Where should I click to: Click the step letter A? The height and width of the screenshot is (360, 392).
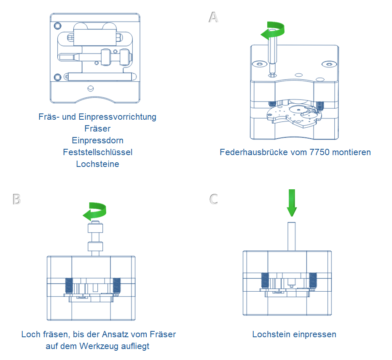point(214,17)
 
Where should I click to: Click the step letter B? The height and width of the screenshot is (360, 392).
point(17,199)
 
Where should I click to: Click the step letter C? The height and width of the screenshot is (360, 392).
point(214,199)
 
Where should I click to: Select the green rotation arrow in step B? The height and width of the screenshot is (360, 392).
point(95,212)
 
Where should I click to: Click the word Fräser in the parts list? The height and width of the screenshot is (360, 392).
point(97,129)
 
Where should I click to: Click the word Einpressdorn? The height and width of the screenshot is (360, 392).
point(97,140)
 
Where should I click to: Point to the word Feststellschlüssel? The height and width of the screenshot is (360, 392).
point(97,152)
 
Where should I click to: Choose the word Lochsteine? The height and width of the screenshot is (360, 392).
point(97,164)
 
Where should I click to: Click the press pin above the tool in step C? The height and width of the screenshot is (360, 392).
point(291,236)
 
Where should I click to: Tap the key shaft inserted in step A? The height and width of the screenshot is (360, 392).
point(272,55)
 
